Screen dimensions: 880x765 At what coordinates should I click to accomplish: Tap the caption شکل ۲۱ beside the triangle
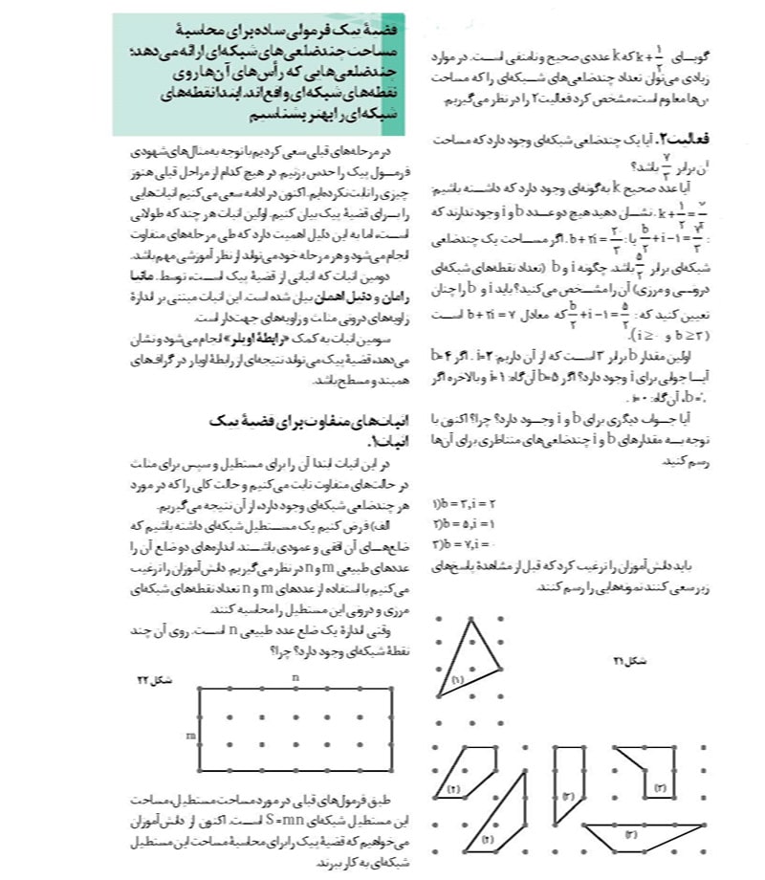623,659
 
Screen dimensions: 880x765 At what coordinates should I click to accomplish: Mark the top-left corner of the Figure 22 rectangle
199,689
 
